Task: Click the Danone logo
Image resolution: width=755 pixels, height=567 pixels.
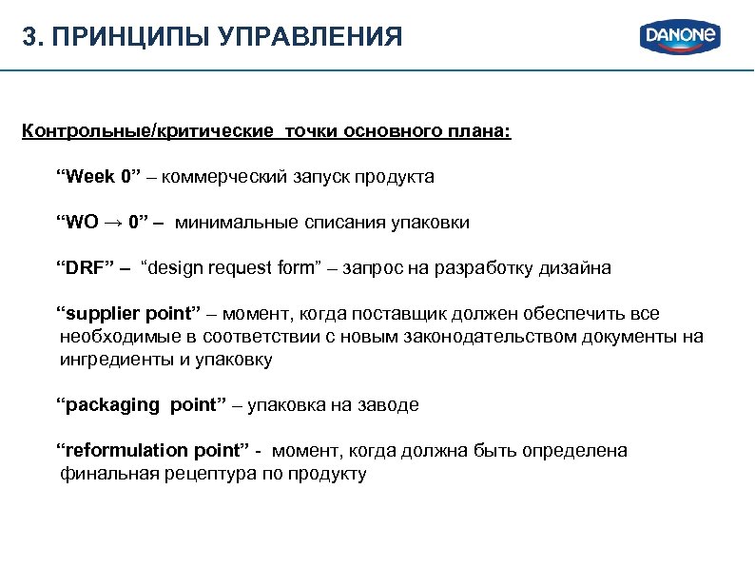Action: (681, 36)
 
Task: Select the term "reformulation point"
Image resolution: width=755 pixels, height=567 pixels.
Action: (151, 451)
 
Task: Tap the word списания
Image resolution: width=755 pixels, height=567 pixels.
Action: (346, 223)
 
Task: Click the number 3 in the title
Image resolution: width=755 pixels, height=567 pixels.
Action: (29, 38)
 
